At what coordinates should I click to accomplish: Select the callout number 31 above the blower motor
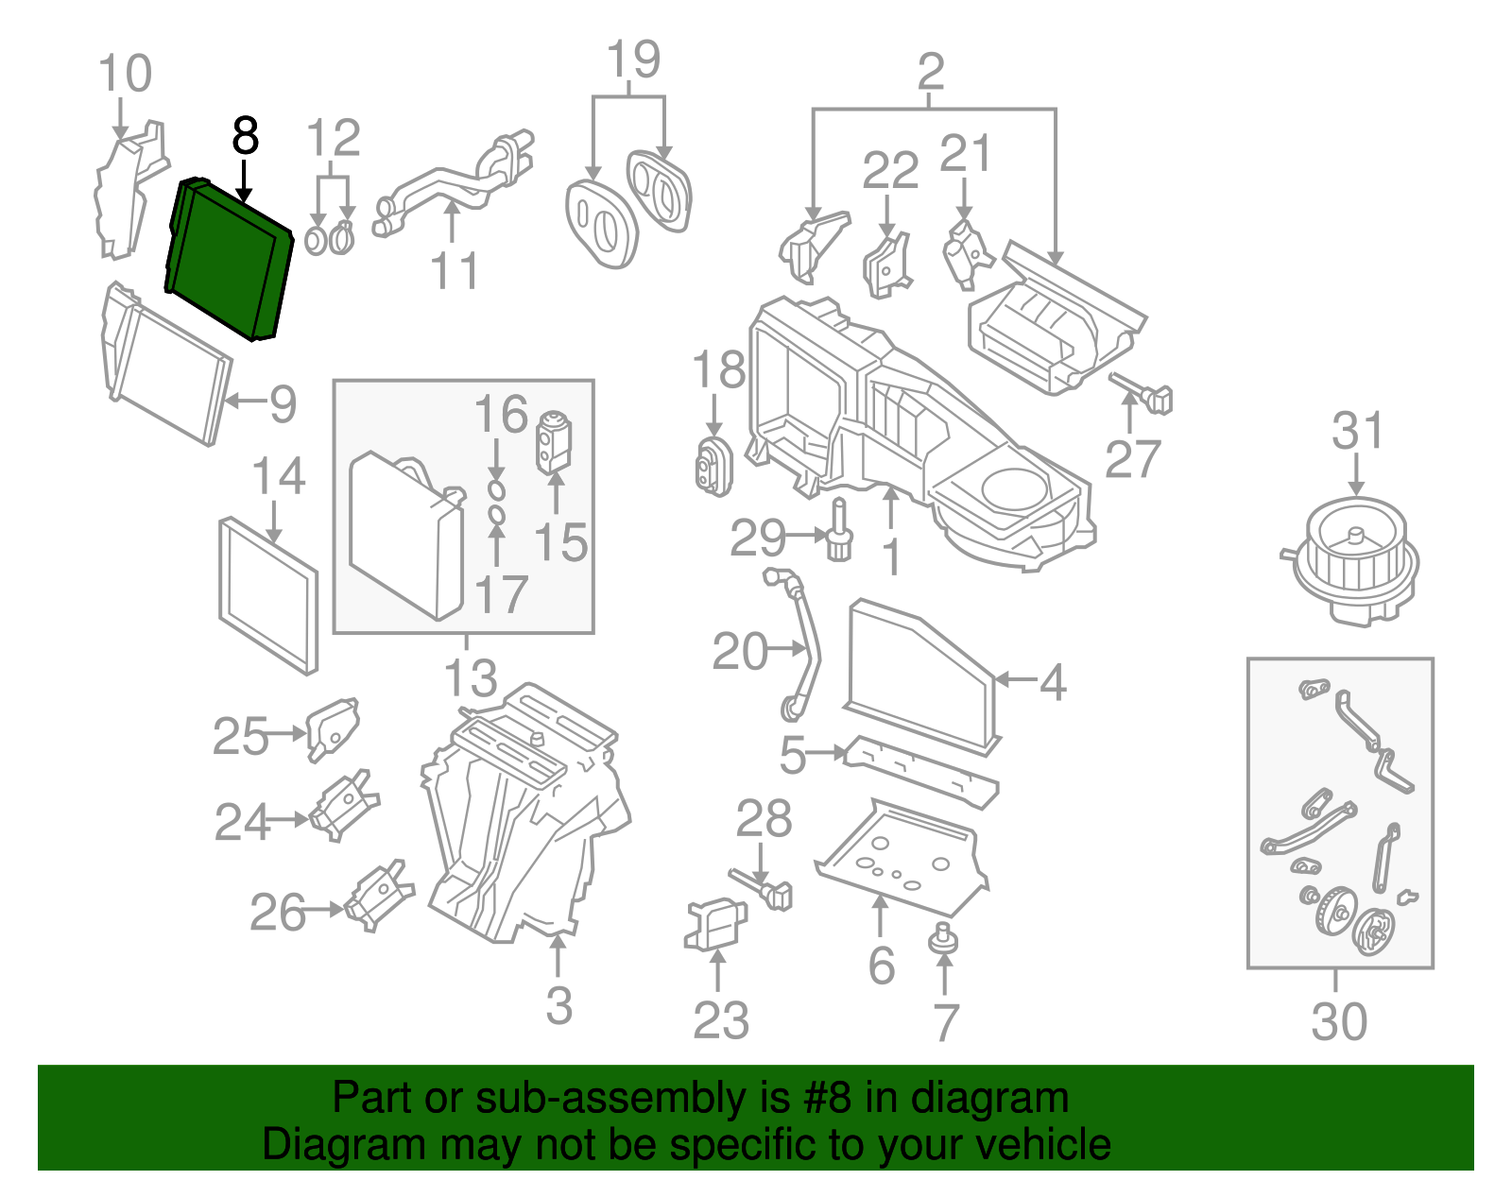click(1357, 431)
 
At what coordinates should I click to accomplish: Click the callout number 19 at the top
click(633, 60)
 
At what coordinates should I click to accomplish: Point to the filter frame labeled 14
click(268, 595)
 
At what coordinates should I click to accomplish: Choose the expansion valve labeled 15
click(554, 440)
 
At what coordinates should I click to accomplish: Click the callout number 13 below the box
click(471, 678)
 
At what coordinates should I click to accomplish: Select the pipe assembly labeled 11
click(454, 184)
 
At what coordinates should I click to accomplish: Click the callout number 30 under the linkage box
click(1339, 1021)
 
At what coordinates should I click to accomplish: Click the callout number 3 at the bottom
click(558, 1005)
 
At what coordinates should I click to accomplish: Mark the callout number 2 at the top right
click(931, 71)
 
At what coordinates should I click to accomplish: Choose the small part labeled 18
click(713, 467)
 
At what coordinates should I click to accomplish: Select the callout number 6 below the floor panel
click(881, 965)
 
